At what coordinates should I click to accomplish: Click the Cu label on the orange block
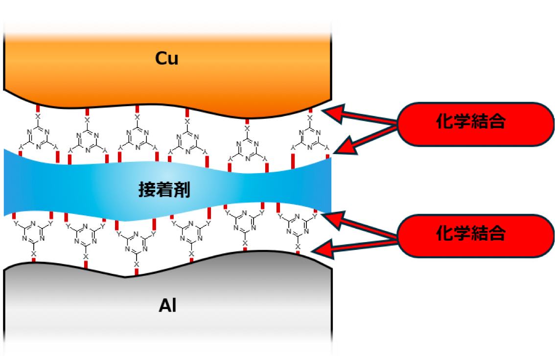[x=167, y=58]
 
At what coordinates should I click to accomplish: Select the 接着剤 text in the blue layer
[x=164, y=190]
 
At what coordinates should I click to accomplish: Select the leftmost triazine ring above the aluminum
[x=33, y=232]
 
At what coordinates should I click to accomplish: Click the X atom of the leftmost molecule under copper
[x=38, y=116]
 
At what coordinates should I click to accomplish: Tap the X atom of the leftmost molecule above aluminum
[x=33, y=253]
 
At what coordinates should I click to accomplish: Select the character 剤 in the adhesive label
[x=182, y=190]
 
